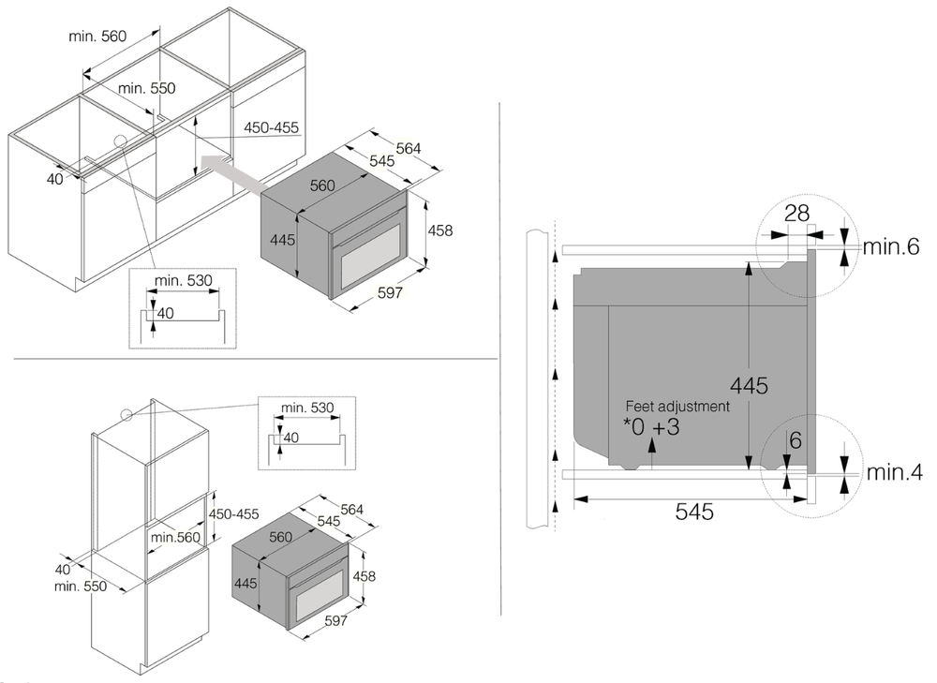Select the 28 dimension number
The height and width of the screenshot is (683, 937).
(796, 213)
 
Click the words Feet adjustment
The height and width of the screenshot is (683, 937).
(678, 407)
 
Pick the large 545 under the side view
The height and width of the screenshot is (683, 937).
(693, 512)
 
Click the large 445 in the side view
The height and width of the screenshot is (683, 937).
(750, 385)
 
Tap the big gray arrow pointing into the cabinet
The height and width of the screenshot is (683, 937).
(233, 174)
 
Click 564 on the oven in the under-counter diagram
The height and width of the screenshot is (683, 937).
(408, 147)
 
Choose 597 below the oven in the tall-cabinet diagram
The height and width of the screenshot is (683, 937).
(335, 620)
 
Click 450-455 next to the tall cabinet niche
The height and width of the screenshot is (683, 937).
(233, 514)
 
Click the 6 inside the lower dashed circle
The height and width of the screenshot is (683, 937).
(795, 440)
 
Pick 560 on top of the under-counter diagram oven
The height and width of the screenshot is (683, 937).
(322, 186)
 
